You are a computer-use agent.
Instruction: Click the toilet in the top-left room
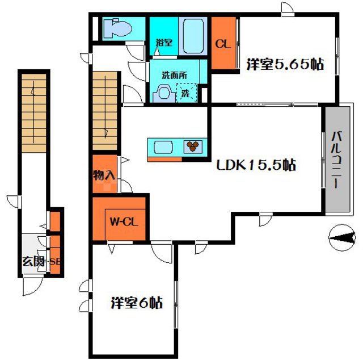117,29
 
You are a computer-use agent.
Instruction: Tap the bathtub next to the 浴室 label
193,36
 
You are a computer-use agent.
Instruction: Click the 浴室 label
164,43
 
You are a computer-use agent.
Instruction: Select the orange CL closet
223,43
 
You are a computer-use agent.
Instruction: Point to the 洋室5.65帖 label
285,64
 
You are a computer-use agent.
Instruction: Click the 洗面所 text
174,75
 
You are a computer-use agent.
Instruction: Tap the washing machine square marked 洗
187,93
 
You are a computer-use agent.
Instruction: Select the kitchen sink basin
163,147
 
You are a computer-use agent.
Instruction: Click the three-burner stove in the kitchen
193,146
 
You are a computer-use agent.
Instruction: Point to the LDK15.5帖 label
256,165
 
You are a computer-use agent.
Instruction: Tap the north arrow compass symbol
342,237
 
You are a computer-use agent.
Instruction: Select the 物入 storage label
104,175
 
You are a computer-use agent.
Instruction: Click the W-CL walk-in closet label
124,223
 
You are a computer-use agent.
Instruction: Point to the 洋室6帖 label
137,303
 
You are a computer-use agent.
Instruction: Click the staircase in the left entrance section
34,113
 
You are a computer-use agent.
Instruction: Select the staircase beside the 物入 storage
105,111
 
